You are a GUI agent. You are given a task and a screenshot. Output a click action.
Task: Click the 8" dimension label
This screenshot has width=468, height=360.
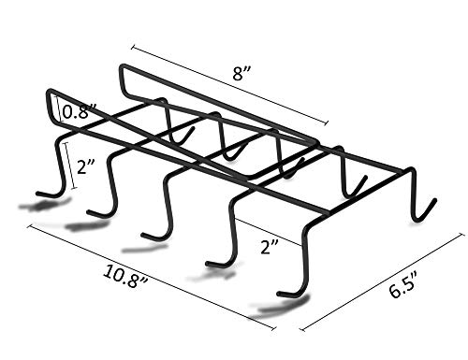pyautogui.click(x=241, y=74)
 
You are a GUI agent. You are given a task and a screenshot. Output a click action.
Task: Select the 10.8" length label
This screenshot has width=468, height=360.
pyautogui.click(x=125, y=277)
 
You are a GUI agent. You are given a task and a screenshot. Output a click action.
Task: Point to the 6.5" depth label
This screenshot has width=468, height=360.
pyautogui.click(x=403, y=284)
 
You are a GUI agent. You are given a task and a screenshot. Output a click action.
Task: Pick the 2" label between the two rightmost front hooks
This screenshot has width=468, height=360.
pyautogui.click(x=270, y=247)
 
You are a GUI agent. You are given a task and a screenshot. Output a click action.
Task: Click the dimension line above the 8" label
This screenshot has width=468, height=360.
pyautogui.click(x=230, y=85)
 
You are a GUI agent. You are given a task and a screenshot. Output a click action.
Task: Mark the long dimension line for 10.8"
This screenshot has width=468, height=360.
pyautogui.click(x=152, y=277)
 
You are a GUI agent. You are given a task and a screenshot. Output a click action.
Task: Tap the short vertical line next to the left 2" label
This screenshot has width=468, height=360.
pyautogui.click(x=69, y=166)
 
